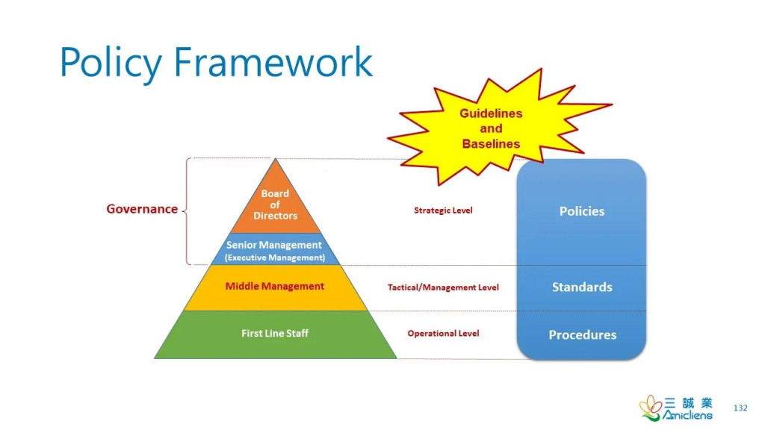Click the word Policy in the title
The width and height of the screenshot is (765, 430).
(111, 63)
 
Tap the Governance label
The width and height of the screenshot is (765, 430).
(142, 209)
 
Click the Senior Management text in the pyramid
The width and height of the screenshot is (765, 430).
(273, 245)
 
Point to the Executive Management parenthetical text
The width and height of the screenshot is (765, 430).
(275, 258)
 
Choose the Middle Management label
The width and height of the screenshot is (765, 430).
(274, 286)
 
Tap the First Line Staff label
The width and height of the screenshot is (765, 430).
(275, 334)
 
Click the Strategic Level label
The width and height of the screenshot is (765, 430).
(443, 211)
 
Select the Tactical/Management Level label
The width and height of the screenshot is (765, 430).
(443, 287)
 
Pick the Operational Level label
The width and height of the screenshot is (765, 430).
(443, 334)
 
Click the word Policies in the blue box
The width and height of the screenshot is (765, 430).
(581, 211)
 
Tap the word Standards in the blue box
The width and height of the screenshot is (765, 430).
(582, 287)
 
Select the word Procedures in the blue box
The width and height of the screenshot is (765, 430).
(583, 335)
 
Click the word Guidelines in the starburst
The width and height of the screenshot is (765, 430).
(491, 113)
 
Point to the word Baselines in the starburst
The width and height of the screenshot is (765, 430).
(491, 144)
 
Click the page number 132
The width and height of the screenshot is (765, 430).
(740, 408)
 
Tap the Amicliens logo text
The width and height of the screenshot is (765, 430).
(687, 415)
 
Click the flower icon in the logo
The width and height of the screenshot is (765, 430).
(651, 408)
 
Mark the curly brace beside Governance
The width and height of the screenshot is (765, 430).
(187, 211)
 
